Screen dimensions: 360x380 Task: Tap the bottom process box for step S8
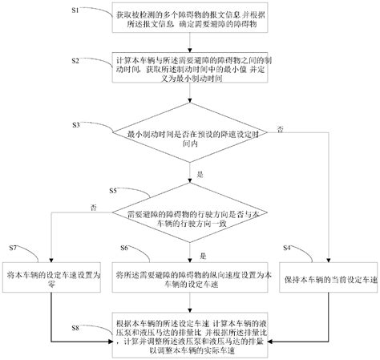[188, 330]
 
